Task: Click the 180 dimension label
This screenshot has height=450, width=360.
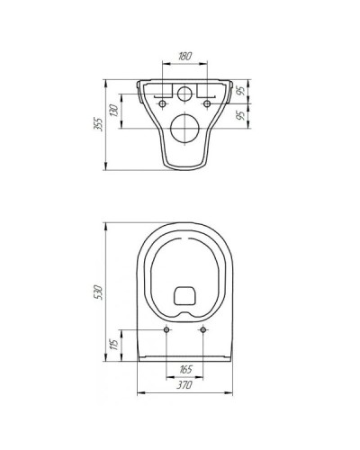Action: coord(185,56)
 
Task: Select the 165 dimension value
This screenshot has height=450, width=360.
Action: coord(185,369)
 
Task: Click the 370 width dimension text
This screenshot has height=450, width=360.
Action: coord(185,385)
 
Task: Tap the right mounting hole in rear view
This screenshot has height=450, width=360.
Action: coord(208,104)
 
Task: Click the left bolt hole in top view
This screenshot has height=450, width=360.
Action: coord(166,332)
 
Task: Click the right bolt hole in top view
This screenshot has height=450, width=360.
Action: coord(204,332)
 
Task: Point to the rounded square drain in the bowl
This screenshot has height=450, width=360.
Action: coord(185,295)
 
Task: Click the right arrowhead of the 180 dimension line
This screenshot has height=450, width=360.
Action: coord(208,63)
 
